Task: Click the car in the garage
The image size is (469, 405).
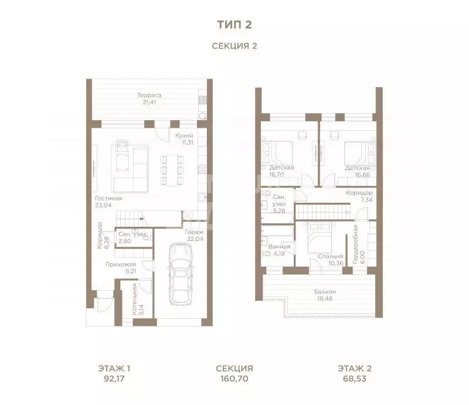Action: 181,274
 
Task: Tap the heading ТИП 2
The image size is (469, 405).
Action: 235,25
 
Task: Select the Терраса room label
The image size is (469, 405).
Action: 149,95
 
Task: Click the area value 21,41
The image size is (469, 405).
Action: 149,102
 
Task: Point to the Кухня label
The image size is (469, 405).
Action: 184,135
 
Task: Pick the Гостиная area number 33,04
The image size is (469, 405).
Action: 103,205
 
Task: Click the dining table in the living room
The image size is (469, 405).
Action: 172,170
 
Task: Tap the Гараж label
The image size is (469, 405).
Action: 194,232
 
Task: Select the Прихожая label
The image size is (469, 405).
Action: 121,264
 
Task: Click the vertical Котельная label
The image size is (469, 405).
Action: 135,299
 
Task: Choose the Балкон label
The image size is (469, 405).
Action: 325,291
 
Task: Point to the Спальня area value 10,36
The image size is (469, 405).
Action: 335,263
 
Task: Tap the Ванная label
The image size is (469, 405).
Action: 280,247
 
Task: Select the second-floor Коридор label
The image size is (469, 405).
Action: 359,193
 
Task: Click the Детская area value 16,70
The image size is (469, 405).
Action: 277,175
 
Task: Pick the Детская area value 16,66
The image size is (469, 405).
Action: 362,175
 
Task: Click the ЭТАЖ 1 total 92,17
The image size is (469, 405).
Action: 114,379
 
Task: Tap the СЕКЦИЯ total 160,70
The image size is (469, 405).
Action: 235,379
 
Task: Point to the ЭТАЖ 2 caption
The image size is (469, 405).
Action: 355,368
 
